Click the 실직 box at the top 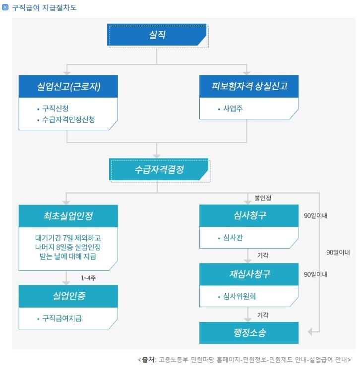pos(157,35)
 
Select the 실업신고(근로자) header pos(68,86)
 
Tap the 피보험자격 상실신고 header pos(249,86)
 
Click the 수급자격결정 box pos(159,169)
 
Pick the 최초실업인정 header pos(68,216)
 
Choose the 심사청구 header pos(249,215)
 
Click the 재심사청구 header pos(249,274)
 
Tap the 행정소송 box pos(249,333)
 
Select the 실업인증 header pos(68,296)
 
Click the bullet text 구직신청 pos(56,108)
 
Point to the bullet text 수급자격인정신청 pos(68,119)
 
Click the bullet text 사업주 pos(233,108)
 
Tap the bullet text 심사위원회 pos(240,296)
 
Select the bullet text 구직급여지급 pos(62,318)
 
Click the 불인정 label pos(263,198)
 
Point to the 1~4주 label pos(88,278)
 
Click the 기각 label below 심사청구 pos(263,255)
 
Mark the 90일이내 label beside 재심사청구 pos(315,274)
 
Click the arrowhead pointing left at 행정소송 pos(310,332)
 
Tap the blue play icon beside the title pos(5,7)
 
